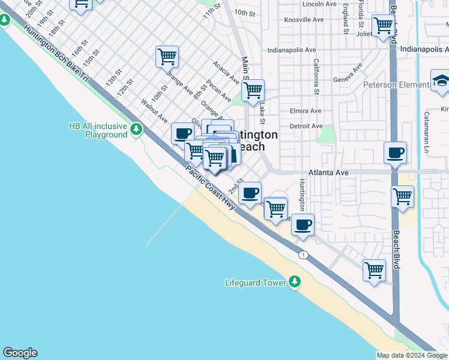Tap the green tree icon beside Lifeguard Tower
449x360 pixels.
click(x=294, y=281)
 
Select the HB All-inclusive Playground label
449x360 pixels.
click(x=98, y=130)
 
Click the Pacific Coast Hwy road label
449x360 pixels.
click(x=210, y=187)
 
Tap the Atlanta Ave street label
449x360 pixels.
click(x=328, y=173)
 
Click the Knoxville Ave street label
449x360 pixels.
click(x=304, y=20)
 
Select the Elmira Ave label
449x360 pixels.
click(x=306, y=111)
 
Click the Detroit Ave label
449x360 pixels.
click(x=306, y=126)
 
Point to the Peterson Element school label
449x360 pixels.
click(x=396, y=85)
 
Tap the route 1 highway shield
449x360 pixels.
click(x=304, y=254)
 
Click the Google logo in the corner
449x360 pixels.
click(x=20, y=353)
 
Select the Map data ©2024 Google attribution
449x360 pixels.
click(x=412, y=355)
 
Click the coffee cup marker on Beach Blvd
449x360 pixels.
click(x=395, y=154)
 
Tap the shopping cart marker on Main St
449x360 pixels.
click(x=253, y=91)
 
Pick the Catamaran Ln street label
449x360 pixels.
click(x=427, y=130)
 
